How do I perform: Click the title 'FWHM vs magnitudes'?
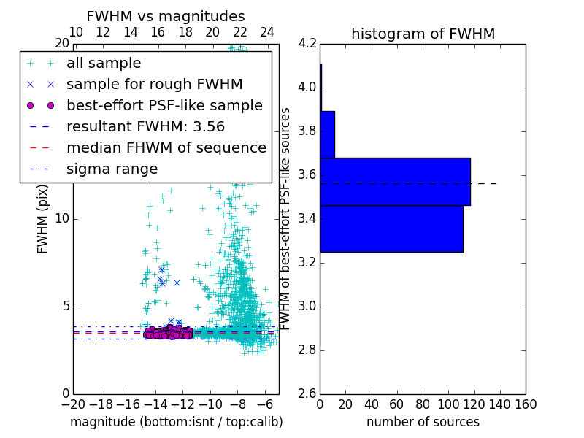166,16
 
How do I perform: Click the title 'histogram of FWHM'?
423,34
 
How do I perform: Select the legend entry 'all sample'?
104,64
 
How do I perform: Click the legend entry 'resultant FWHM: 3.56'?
145,126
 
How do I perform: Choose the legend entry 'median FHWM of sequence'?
166,147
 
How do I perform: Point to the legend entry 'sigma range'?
112,169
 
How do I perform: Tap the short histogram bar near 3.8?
327,134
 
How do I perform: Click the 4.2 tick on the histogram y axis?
307,44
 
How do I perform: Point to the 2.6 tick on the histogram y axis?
307,393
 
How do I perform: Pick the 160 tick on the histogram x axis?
526,404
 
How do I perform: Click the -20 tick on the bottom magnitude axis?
73,404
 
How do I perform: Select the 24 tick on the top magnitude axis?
267,33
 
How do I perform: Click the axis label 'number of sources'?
423,422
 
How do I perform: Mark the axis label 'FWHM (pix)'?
43,219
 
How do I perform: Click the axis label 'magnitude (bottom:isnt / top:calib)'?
176,422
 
